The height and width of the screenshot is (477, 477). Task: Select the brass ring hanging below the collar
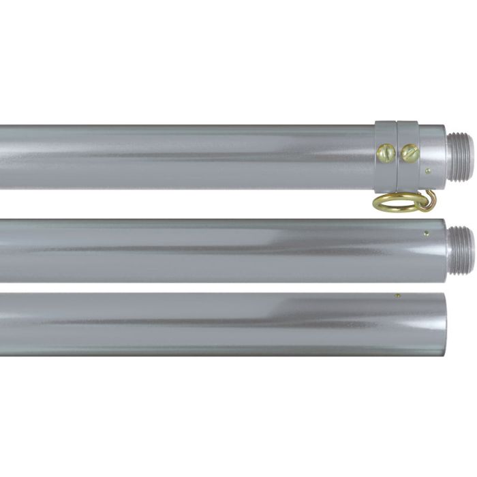pos(386,203)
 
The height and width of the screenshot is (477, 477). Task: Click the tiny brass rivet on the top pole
pos(427,171)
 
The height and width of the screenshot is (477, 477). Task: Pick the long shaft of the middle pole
pos(184,250)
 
